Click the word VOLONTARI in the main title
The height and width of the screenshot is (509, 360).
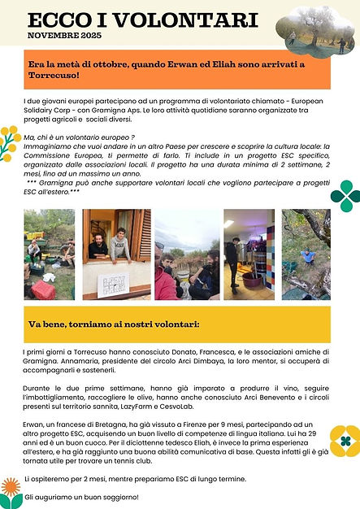187,20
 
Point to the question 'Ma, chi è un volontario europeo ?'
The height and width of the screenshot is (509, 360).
81,137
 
